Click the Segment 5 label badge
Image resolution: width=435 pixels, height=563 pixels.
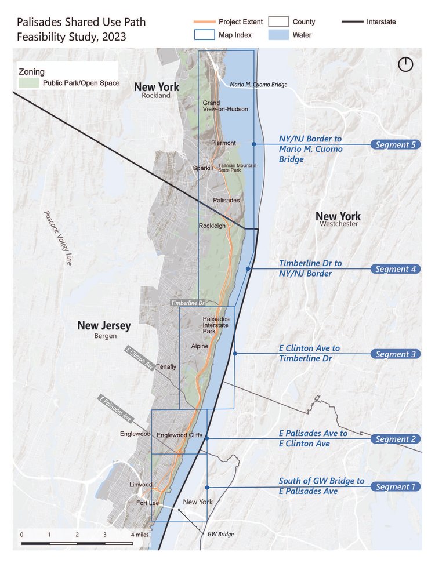396,144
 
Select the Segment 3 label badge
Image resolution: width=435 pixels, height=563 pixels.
396,354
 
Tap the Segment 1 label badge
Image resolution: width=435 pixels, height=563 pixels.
396,486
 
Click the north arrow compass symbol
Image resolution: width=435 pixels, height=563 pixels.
405,64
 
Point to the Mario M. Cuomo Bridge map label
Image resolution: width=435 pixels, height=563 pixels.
258,85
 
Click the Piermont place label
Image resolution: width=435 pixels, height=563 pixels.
223,143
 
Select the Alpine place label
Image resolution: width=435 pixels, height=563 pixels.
200,346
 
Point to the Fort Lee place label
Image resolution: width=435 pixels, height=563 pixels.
147,503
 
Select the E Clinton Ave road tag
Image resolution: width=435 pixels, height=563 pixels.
140,358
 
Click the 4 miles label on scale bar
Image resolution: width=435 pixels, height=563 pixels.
140,534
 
